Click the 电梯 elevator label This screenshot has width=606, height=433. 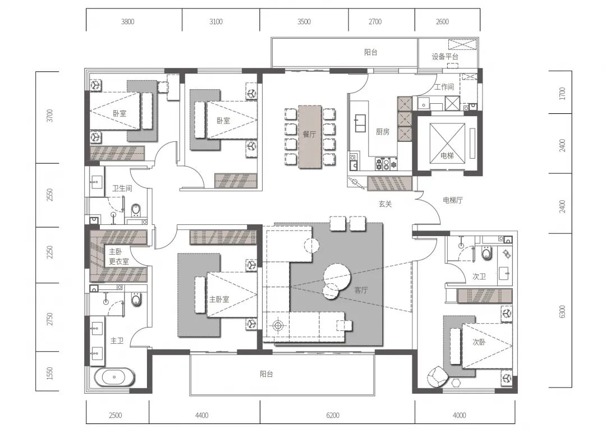click(x=447, y=156)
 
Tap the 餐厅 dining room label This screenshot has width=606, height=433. click(x=309, y=134)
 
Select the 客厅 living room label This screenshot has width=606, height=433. click(x=361, y=290)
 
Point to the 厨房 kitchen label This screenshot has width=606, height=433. click(x=382, y=132)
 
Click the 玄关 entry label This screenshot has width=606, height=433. click(x=385, y=204)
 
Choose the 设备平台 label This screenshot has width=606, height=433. click(x=445, y=57)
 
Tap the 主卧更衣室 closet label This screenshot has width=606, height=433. click(x=118, y=256)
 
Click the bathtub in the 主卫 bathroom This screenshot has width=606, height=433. click(x=114, y=377)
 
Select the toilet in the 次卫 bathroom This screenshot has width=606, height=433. click(x=487, y=253)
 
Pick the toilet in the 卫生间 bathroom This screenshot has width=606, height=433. click(x=136, y=210)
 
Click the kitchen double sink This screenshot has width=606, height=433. click(x=360, y=123)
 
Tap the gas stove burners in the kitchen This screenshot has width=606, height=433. click(x=385, y=164)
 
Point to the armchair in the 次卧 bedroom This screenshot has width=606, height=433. click(x=437, y=376)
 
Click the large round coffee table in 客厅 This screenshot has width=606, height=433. click(x=337, y=276)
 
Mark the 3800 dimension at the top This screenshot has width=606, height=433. click(x=127, y=22)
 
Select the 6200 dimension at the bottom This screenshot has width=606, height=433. click(x=333, y=415)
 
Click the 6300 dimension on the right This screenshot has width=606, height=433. click(x=562, y=312)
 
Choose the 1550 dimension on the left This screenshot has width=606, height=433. click(x=49, y=373)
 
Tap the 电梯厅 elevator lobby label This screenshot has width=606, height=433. click(x=453, y=200)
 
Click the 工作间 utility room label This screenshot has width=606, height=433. click(x=444, y=87)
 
